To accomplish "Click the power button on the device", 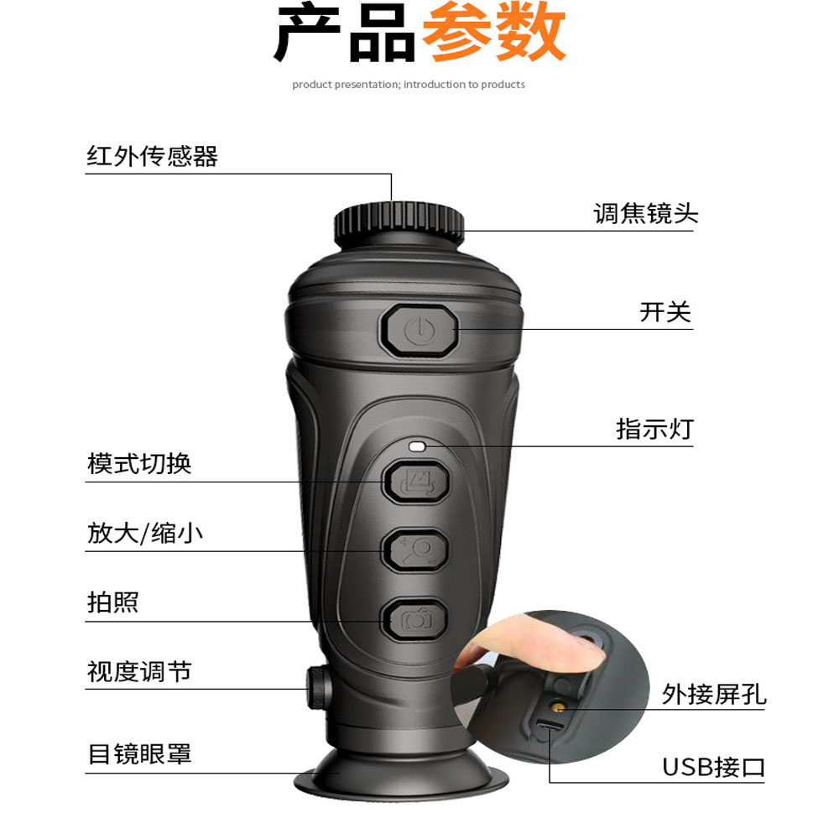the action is [x=419, y=331].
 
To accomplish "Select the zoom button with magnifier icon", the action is [x=415, y=550].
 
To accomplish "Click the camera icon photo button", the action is [x=415, y=620].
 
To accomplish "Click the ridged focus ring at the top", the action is [x=399, y=223].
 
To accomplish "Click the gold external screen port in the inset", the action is [x=559, y=709].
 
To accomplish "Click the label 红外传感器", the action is [x=153, y=157].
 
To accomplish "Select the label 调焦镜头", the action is [x=646, y=213].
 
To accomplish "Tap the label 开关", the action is [x=665, y=312].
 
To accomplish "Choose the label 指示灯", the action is [x=654, y=429].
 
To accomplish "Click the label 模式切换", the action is [x=139, y=463].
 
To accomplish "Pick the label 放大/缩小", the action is [x=145, y=534].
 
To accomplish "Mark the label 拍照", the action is [x=113, y=602].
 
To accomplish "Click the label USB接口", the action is [x=713, y=768].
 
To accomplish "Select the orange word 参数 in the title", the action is [x=494, y=32].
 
